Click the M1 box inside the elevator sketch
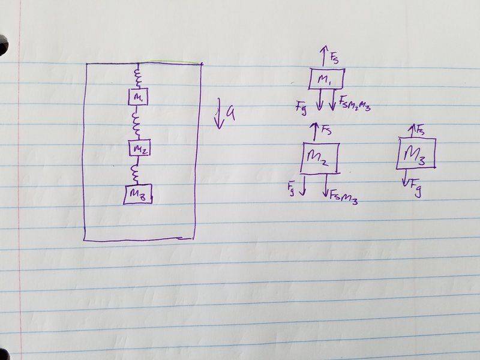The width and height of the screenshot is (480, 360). pos(138,97)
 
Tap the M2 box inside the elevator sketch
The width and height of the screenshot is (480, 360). pos(140,148)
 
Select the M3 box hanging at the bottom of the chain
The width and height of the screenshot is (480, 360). pos(138,194)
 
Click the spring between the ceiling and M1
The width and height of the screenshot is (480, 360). pos(138,77)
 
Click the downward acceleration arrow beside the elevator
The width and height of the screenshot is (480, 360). pos(218,113)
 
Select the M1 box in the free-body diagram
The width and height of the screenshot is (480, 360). pos(326,79)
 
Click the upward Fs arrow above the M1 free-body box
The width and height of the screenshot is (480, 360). pos(325,56)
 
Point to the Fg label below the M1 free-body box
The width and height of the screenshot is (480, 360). pos(301,108)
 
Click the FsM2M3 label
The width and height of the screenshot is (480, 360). pos(355,103)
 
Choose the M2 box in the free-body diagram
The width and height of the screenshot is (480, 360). pos(320,158)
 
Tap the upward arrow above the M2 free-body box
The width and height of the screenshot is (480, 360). pos(314,132)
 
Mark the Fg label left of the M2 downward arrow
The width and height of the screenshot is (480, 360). pos(292,188)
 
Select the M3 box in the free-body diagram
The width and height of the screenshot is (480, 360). pos(416,154)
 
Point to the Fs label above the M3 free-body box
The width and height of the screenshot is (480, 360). pos(420,129)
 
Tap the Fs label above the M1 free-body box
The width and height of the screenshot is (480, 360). pos(334,58)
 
